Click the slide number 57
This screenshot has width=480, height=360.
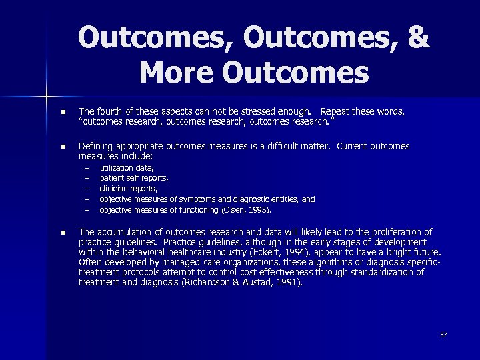pos(443,335)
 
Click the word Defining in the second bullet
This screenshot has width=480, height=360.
pos(97,146)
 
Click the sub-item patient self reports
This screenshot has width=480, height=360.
pos(133,179)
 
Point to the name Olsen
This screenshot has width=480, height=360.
pos(233,209)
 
